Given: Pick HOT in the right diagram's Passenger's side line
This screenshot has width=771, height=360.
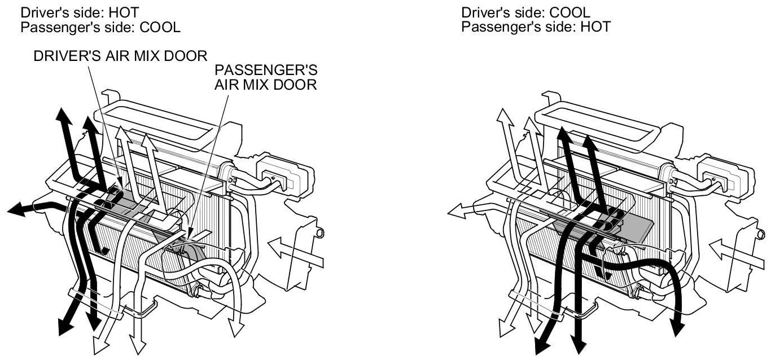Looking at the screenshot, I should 596,27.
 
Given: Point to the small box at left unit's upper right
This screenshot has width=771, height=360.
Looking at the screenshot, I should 285,172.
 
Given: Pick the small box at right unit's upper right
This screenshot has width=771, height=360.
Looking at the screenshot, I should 725,172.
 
